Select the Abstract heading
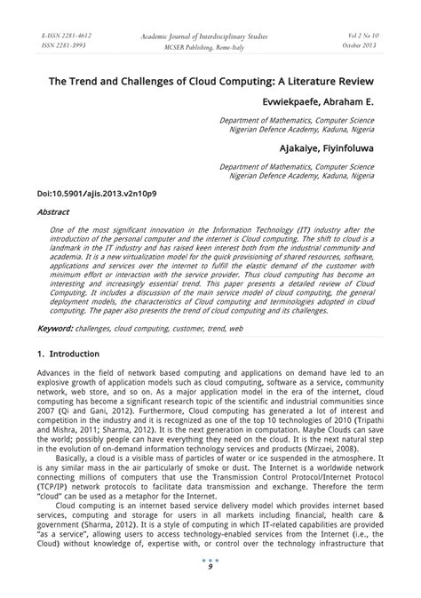(53, 213)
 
